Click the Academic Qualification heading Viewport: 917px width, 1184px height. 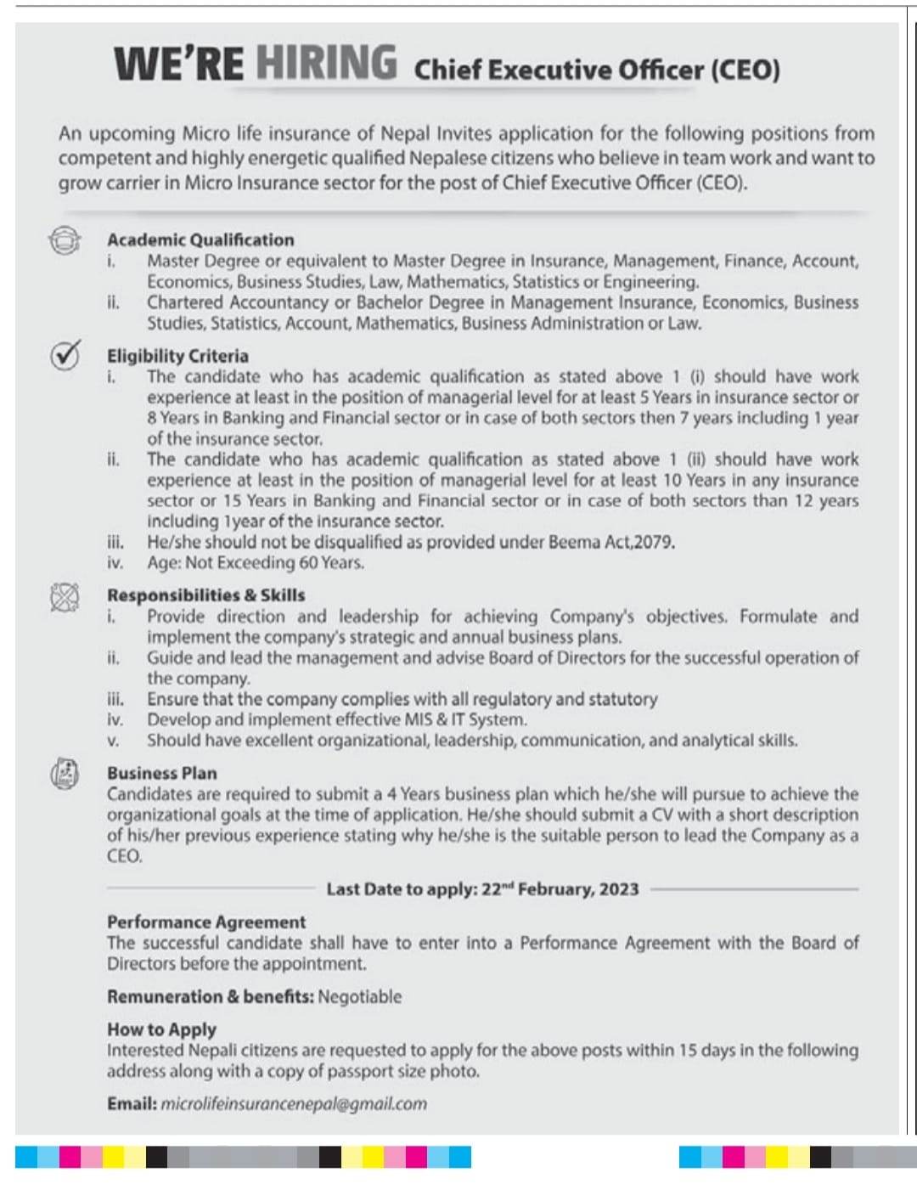[x=200, y=240]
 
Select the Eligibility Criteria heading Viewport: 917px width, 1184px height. [x=177, y=356]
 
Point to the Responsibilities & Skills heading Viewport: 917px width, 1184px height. [x=205, y=595]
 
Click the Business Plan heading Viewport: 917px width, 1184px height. [x=161, y=773]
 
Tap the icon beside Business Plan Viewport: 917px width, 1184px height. [x=65, y=774]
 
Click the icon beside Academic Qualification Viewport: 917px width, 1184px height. [x=65, y=240]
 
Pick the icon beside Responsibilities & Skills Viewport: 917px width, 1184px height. [x=65, y=597]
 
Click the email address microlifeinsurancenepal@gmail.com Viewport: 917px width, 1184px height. [x=294, y=1103]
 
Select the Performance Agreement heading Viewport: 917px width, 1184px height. [x=206, y=922]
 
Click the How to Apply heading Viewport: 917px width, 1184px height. [x=161, y=1029]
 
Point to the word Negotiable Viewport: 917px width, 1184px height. [x=360, y=996]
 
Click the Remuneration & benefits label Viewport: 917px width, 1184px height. [x=210, y=996]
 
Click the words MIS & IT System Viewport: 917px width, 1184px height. [x=464, y=719]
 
